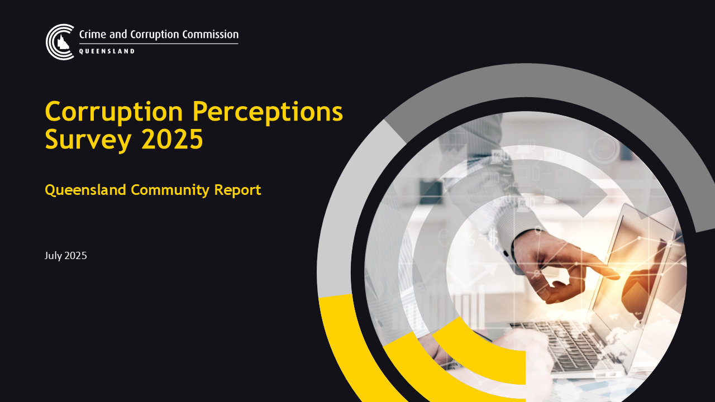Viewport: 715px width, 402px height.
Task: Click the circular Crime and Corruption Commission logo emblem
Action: (60, 42)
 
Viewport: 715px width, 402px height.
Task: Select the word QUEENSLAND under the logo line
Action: (107, 51)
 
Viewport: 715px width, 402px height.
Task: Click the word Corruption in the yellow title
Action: (114, 112)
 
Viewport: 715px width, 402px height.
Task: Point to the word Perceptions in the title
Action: (268, 112)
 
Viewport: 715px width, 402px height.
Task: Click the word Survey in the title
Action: (88, 140)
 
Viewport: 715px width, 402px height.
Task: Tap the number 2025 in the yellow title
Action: (172, 139)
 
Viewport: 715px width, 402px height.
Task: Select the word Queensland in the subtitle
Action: (85, 190)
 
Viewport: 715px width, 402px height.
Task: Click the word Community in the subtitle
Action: (170, 190)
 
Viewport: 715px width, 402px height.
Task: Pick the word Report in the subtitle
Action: (237, 190)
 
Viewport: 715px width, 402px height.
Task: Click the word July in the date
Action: (53, 256)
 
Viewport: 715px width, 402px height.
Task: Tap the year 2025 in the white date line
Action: (75, 256)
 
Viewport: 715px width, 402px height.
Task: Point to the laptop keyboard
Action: (562, 344)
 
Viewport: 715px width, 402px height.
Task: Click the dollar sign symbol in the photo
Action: (493, 238)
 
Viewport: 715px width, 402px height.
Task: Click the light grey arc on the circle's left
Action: (339, 223)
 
